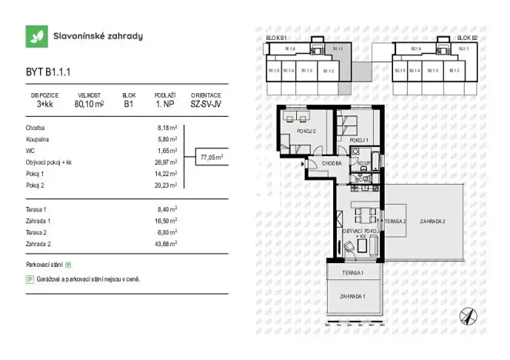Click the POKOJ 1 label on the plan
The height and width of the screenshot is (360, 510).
pos(358,141)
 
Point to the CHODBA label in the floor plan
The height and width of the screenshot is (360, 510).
pos(332,163)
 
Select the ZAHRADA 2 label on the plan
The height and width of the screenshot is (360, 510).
pos(433,221)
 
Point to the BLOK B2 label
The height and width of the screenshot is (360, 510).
pos(466,37)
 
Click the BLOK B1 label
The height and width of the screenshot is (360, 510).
pos(276,37)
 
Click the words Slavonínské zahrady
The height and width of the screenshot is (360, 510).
pos(97,36)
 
